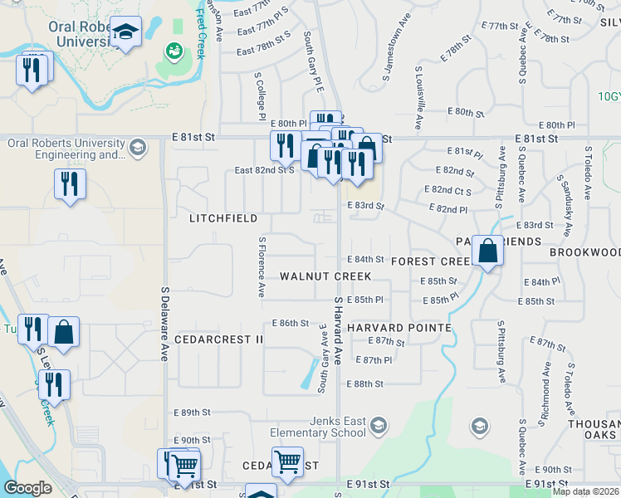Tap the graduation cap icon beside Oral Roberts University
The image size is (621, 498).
click(125, 32)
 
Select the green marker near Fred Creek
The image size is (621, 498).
click(174, 51)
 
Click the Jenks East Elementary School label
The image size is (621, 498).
click(325, 427)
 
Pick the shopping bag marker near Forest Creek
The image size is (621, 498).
click(489, 249)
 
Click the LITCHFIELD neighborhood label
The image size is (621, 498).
click(223, 218)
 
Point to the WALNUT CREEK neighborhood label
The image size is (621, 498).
click(325, 276)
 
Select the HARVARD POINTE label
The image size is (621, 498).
click(399, 328)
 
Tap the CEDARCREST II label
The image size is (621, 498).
click(218, 339)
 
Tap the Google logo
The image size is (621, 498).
click(27, 488)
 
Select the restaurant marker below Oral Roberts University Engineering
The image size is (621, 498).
click(70, 183)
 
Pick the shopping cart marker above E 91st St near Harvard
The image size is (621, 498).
click(288, 461)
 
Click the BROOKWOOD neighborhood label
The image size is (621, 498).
click(584, 251)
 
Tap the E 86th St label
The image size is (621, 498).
click(291, 323)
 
